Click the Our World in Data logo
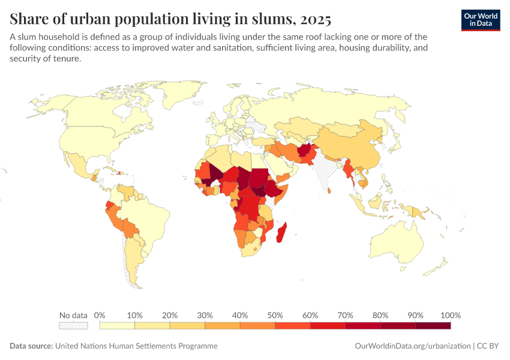[x=481, y=20]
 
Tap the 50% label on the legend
[x=275, y=315]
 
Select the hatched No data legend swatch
[x=74, y=326]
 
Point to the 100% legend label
[x=451, y=315]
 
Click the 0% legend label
[x=100, y=315]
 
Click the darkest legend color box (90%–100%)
[x=433, y=326]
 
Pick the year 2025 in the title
[x=316, y=20]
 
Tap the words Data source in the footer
[x=31, y=346]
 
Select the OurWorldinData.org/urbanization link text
[x=413, y=346]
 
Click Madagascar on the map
[x=281, y=232]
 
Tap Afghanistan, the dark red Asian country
[x=306, y=149]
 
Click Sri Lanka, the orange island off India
[x=329, y=191]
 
